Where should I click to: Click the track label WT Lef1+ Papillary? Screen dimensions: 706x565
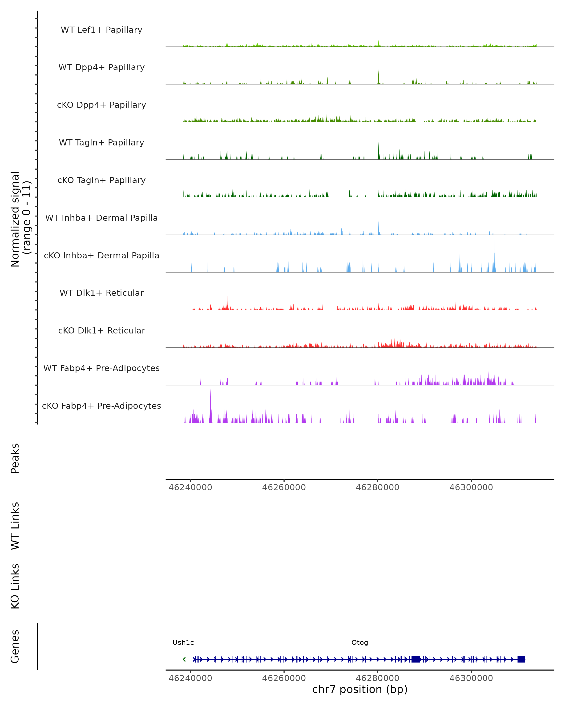pos(101,30)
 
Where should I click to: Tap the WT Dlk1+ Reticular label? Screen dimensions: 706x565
pos(101,293)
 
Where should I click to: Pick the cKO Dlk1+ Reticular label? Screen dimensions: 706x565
pos(101,330)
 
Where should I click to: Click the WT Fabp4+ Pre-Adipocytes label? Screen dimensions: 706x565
pos(101,368)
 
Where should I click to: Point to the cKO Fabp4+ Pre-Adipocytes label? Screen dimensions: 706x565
pos(101,406)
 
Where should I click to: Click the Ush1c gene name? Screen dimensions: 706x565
pos(183,642)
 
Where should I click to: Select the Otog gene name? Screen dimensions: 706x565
pos(360,642)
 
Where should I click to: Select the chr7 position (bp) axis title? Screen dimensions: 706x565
pos(360,689)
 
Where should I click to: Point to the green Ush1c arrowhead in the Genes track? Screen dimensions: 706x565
pos(184,659)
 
